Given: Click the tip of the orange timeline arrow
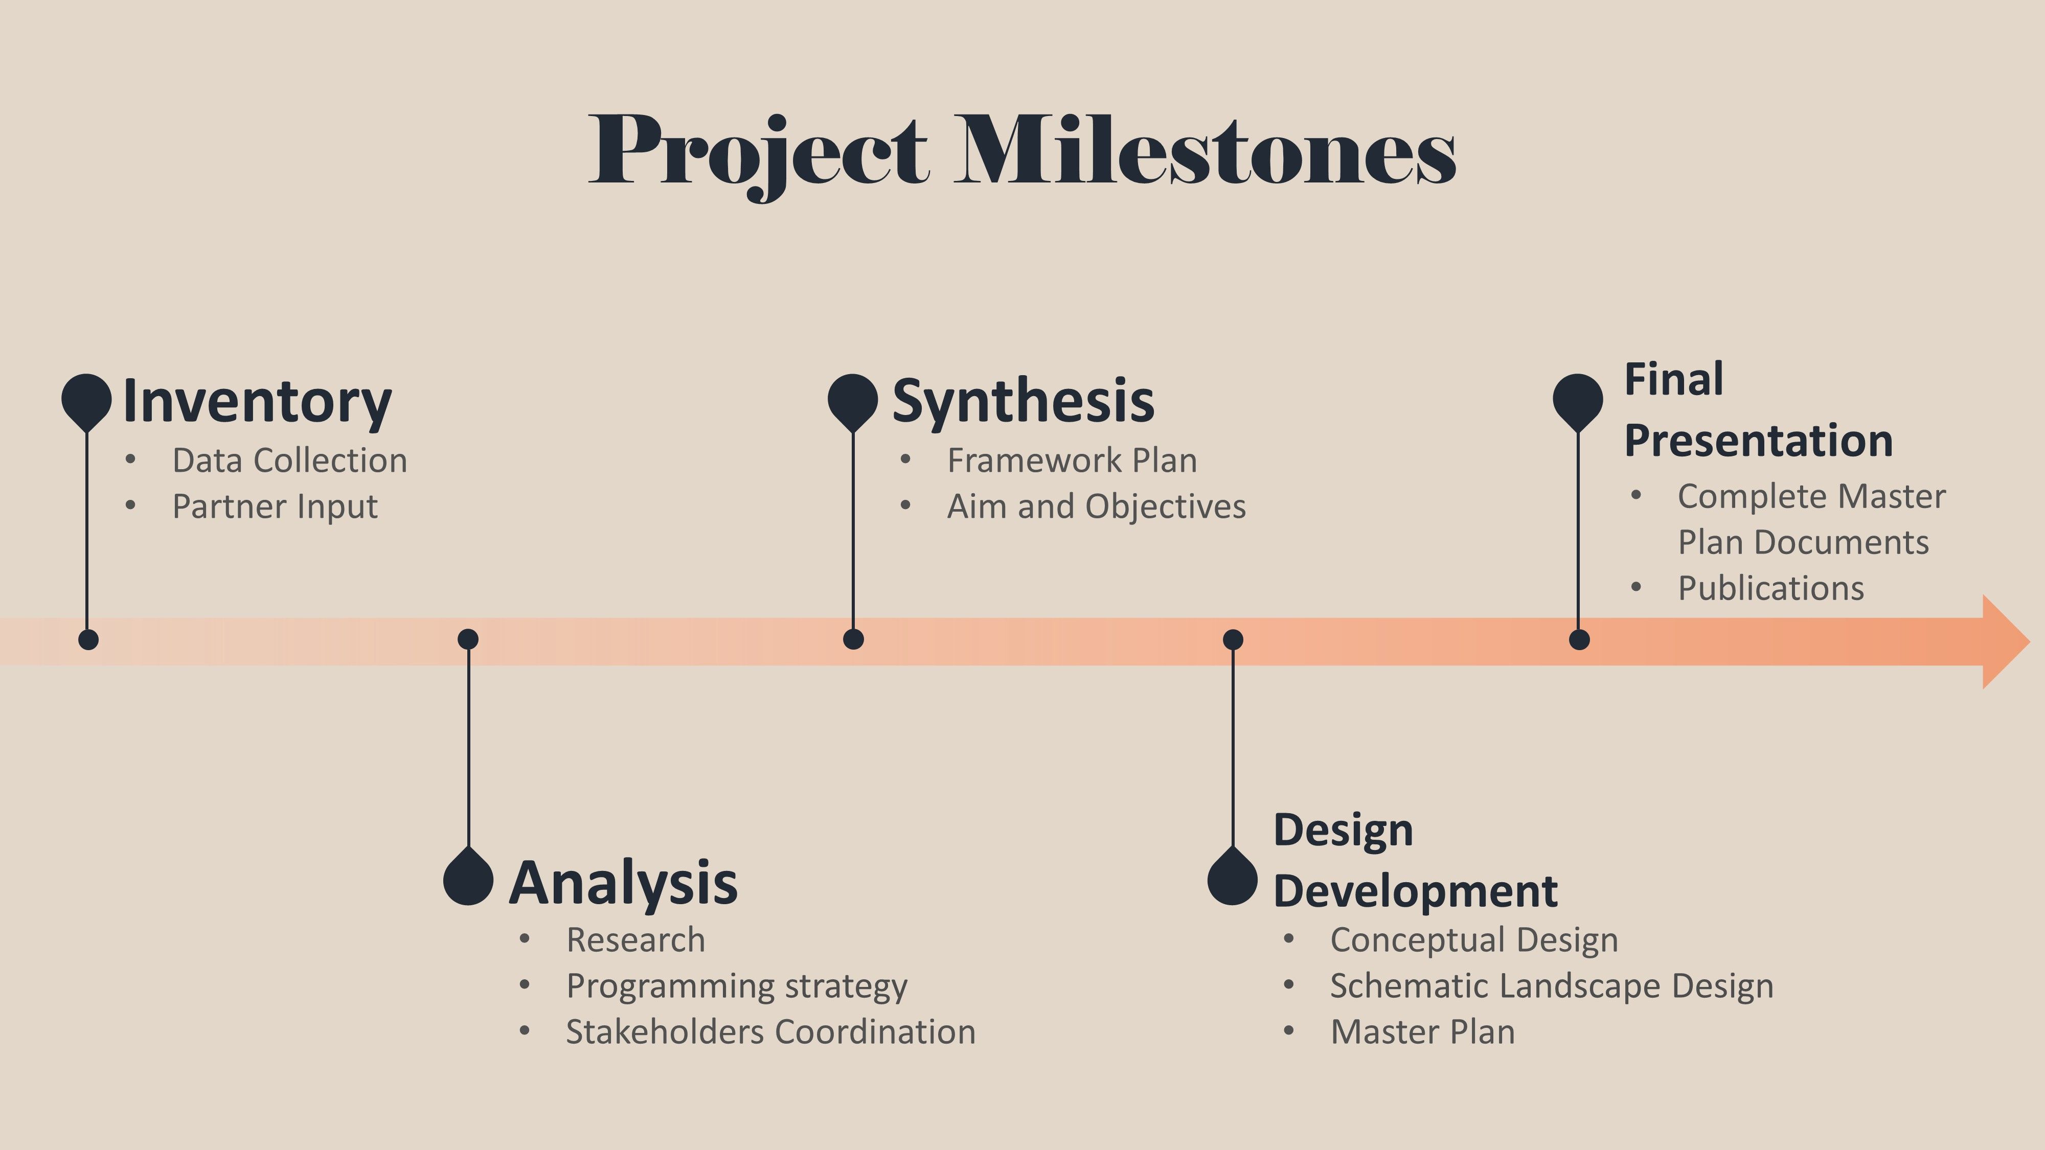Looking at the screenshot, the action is coord(2029,641).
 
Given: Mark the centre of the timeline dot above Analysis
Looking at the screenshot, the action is coord(468,639).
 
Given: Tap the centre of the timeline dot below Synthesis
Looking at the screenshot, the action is coord(853,639).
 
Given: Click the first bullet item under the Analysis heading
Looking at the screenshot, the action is coord(635,940).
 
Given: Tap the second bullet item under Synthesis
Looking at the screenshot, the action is coord(1096,507).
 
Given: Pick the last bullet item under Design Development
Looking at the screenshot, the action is coord(1423,1032).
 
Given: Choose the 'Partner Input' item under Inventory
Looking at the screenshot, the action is coord(275,507).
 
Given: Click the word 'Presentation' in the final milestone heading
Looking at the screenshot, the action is coord(1758,441).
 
